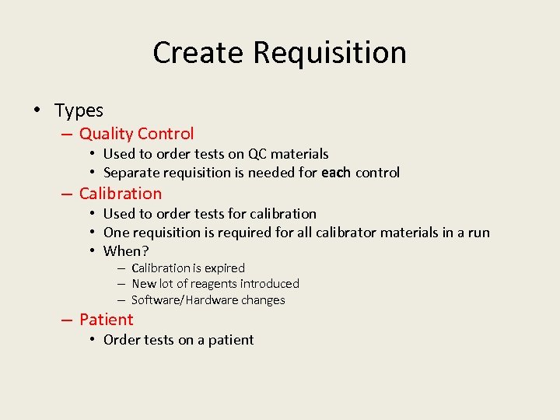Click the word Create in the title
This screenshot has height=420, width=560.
(199, 53)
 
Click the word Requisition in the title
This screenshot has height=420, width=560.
(330, 53)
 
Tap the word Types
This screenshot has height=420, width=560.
(79, 111)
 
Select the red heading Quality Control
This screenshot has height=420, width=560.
(136, 134)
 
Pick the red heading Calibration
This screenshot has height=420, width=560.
(121, 194)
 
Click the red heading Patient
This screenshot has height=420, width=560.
(106, 319)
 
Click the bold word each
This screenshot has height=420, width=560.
(335, 173)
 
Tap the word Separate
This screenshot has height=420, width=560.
(131, 173)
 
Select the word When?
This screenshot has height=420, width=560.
(126, 250)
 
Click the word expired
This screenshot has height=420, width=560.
(222, 268)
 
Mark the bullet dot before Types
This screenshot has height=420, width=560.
(38, 110)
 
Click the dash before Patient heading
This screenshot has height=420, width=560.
(67, 320)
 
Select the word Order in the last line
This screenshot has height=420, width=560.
(121, 340)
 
